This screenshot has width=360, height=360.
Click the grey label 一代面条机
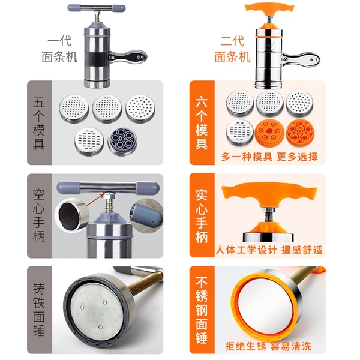pos(59,49)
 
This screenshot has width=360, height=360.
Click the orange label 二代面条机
pos(232,49)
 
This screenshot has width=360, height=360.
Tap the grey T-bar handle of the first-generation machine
pos(97,8)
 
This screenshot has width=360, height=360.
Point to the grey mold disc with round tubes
pos(122,142)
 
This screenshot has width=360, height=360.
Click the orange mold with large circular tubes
pos(301,132)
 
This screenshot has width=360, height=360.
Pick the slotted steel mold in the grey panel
pos(89,142)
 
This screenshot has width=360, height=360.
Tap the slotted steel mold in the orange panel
pos(240,133)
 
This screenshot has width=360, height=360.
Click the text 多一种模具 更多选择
pos(269,157)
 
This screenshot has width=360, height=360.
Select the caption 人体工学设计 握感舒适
pos(269,250)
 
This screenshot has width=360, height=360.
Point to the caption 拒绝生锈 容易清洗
pos(268,346)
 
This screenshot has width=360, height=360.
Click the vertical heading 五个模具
pos(39,124)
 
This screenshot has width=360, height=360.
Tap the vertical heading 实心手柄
pos(202,216)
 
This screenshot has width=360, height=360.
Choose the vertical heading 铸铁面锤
pos(39,310)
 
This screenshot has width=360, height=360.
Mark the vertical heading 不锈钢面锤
pos(202,310)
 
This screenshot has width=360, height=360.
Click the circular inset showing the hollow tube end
pos(72,215)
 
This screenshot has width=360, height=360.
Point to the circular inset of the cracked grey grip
pos(147,215)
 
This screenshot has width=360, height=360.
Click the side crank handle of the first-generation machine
pos(128,57)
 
